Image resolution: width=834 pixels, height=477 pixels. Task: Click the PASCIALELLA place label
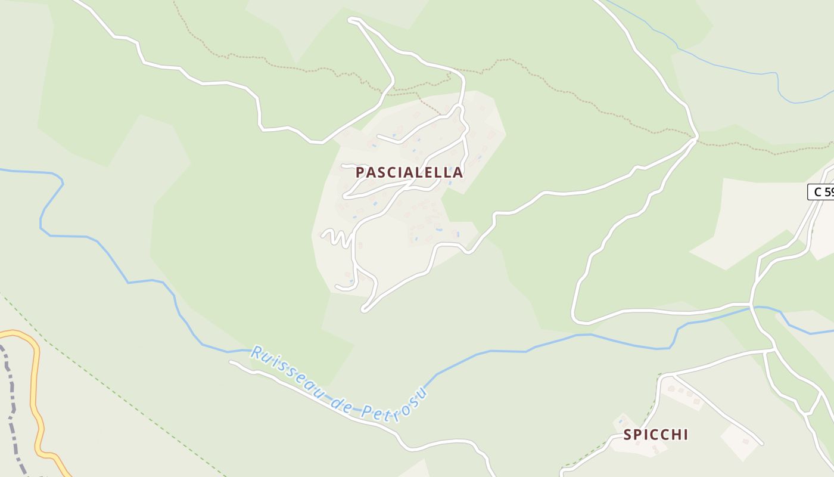[x=409, y=172]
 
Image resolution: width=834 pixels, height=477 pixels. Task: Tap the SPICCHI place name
[x=655, y=435]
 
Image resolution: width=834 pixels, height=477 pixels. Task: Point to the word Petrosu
[x=397, y=405]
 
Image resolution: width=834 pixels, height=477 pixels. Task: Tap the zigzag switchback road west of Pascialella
[x=337, y=237]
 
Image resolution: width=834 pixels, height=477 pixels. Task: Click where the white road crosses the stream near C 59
[x=752, y=308]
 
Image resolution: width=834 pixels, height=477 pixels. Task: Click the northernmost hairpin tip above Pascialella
[x=351, y=20]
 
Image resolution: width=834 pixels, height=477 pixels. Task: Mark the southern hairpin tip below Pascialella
[x=364, y=309]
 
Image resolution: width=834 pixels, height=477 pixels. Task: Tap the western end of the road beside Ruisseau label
[x=232, y=362]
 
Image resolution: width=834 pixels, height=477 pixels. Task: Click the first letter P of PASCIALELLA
[x=360, y=172]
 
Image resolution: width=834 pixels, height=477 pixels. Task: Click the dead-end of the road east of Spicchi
[x=761, y=444]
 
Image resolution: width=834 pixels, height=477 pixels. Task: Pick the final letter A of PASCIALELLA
[x=458, y=172]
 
